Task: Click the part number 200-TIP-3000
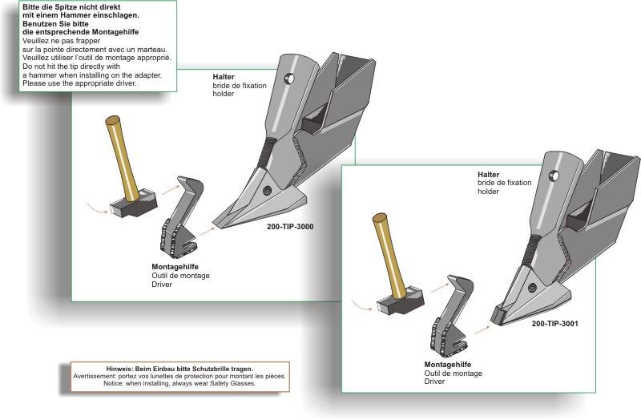coord(289,227)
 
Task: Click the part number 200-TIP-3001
coord(554,324)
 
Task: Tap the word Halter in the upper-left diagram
coord(224,76)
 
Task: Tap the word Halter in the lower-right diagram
coord(488,174)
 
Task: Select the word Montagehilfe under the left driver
coord(175,266)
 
